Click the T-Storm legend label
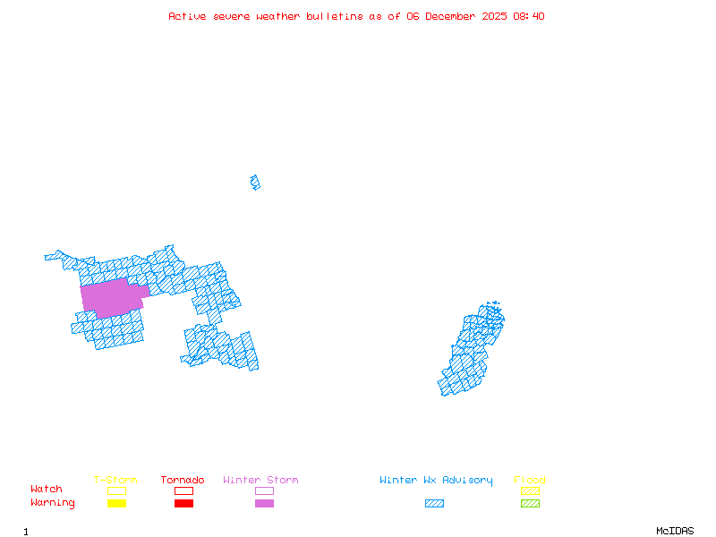pos(115,481)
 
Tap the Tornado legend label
pos(183,481)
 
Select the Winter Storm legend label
pos(260,481)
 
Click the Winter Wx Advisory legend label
pos(436,481)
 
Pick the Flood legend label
pos(530,481)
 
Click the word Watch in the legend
pos(47,490)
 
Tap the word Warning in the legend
pos(53,503)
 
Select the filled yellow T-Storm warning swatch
pos(116,504)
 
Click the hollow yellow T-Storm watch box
pos(116,490)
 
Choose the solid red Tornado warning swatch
pos(183,504)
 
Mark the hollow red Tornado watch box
pos(183,490)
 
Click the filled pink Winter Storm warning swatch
pos(264,504)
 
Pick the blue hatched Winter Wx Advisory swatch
pos(434,504)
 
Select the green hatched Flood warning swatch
pos(530,504)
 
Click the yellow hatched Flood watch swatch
pos(530,490)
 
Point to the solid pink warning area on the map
pos(112,298)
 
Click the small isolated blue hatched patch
pos(255,183)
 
